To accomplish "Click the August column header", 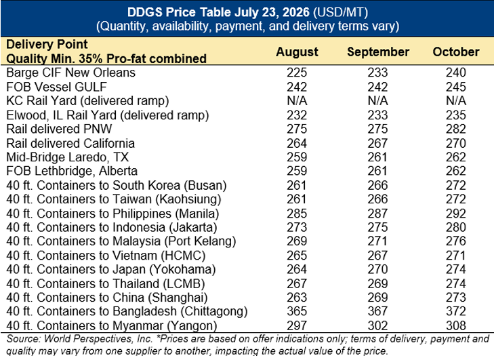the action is (x=297, y=52).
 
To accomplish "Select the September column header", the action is (x=378, y=52).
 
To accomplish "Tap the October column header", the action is (x=455, y=52).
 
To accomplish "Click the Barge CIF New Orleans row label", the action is (x=71, y=73).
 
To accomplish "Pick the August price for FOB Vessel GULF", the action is (x=297, y=87).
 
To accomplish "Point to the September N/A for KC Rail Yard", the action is (x=377, y=101).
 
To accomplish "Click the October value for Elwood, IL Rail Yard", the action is (x=455, y=115).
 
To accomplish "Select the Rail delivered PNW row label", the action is (x=59, y=129).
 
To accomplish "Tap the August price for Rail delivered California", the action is (x=297, y=143).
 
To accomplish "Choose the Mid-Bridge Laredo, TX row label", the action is (x=67, y=157).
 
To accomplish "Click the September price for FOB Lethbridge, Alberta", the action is (x=377, y=171).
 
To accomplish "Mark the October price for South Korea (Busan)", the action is (x=455, y=185).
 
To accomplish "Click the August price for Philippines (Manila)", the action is (x=297, y=214).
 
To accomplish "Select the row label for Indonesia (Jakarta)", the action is (x=112, y=227).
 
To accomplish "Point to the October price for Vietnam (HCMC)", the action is (x=455, y=256).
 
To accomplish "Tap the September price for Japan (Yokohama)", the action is (x=377, y=269).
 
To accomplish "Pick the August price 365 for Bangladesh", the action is (x=297, y=311).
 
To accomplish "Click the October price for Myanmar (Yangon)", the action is (x=455, y=325).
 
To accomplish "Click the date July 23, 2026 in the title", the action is (x=272, y=12).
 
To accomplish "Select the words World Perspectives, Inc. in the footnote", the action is (x=99, y=339).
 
